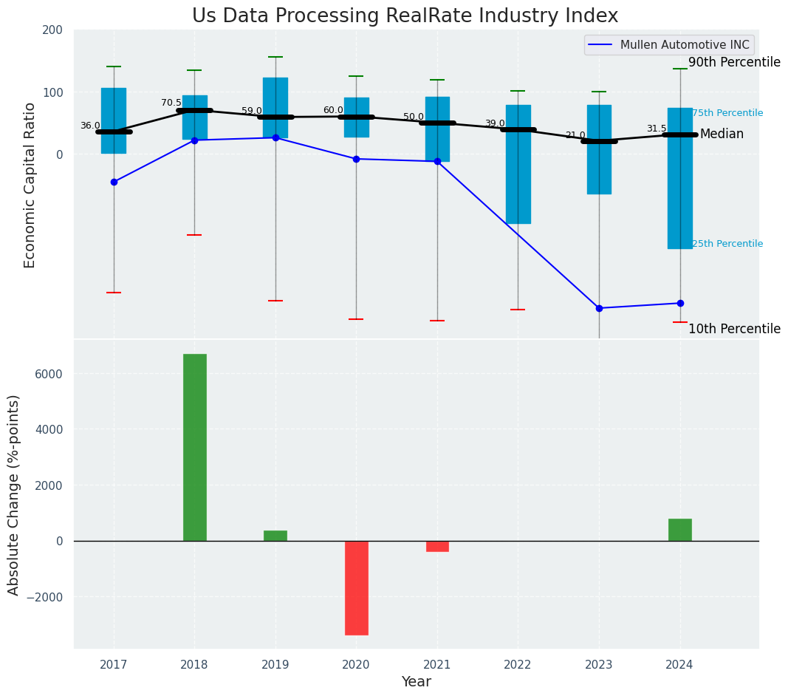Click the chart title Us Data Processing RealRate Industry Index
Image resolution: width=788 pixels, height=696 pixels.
[405, 16]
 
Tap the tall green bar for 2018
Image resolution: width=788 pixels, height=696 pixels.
[195, 447]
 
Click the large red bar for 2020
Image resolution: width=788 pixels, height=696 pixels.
[357, 587]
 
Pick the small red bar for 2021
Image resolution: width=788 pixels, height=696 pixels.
[437, 546]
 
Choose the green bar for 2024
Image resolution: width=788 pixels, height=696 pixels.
[680, 530]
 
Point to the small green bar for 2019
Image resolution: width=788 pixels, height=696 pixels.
[275, 536]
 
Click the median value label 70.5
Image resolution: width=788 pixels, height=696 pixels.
[171, 103]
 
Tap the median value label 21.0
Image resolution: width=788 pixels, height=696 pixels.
[575, 135]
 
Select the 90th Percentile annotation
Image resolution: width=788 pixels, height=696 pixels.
[734, 63]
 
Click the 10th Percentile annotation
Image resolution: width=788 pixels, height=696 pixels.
[734, 329]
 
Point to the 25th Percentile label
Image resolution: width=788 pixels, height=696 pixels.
[727, 244]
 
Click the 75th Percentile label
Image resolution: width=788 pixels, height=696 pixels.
[727, 113]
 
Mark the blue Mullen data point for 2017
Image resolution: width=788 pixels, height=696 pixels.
[114, 182]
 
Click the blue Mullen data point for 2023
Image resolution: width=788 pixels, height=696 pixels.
[599, 308]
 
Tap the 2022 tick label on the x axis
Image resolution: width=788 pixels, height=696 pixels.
[518, 665]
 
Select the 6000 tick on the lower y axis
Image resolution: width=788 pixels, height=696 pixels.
[48, 374]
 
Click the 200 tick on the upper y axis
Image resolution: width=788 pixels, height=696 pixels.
[52, 30]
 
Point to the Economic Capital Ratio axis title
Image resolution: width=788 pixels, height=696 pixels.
[30, 185]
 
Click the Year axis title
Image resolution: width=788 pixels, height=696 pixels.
[416, 682]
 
